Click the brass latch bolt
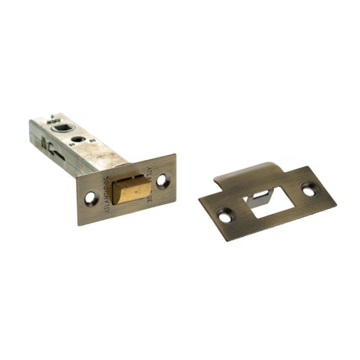click(x=130, y=189)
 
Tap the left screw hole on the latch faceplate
click(x=91, y=199)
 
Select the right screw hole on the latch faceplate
click(x=163, y=180)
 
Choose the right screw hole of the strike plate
click(x=308, y=189)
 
